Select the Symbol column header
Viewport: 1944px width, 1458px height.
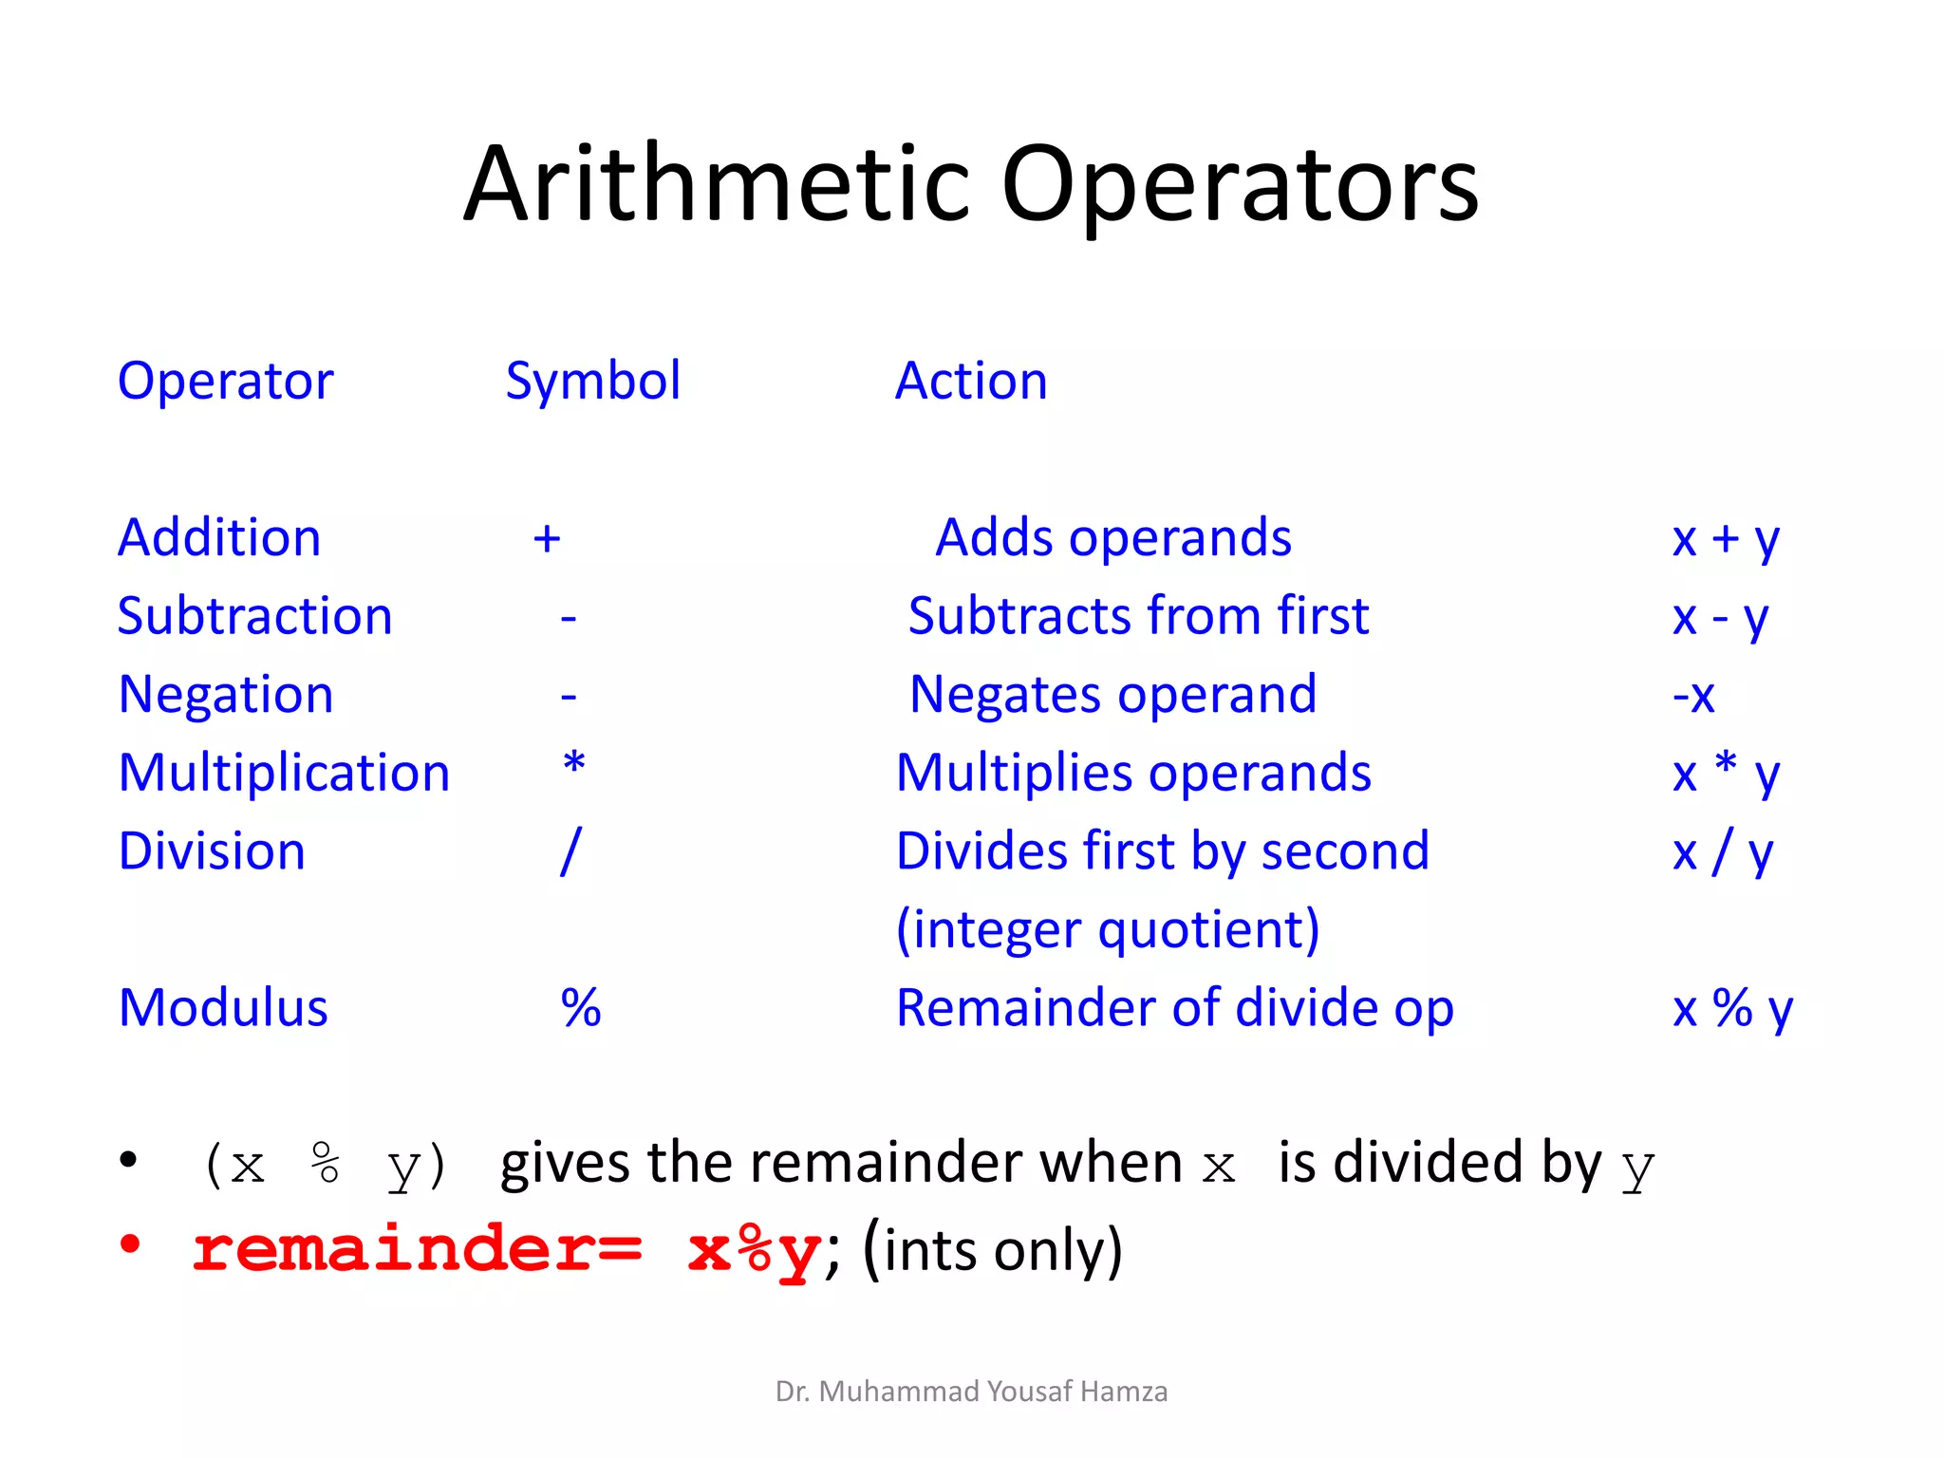click(x=592, y=382)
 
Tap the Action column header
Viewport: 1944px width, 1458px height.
click(x=971, y=382)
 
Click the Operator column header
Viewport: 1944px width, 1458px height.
click(x=225, y=382)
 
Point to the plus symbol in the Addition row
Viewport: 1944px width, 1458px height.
click(x=547, y=539)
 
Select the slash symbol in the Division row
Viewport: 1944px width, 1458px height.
click(x=570, y=851)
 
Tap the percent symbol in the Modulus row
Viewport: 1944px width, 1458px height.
click(x=580, y=1008)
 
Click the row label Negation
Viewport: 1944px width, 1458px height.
click(x=225, y=695)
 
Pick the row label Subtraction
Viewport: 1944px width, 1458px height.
click(x=254, y=617)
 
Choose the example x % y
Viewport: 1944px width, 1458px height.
click(x=1731, y=1008)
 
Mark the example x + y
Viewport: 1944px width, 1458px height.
click(x=1725, y=539)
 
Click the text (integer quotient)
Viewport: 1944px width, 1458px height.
click(x=1107, y=930)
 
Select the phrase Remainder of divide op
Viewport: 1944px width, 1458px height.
click(x=1174, y=1008)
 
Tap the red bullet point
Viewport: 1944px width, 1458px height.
click(x=130, y=1244)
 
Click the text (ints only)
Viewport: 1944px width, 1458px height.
click(x=993, y=1251)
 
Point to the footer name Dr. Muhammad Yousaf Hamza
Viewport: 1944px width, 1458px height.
click(x=971, y=1392)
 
